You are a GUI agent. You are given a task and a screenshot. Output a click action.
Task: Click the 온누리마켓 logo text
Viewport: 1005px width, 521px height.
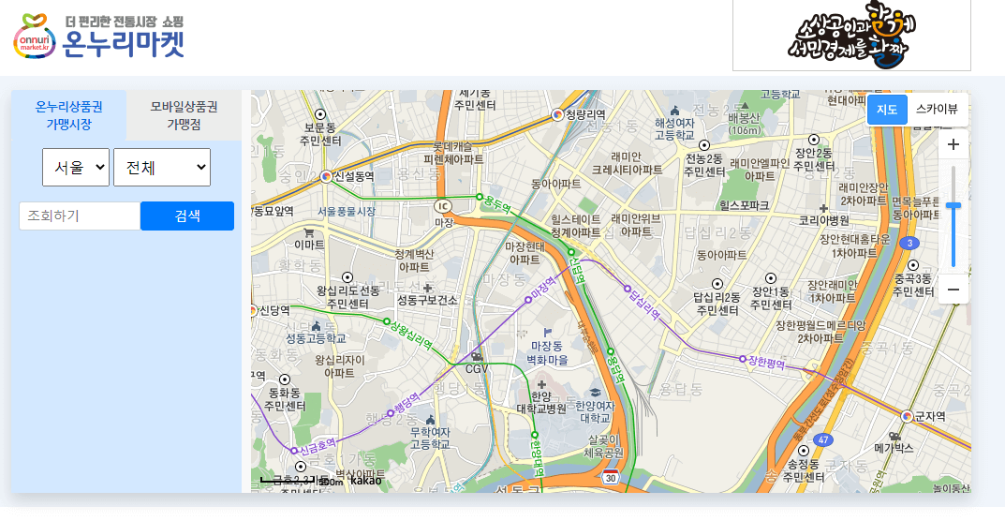pyautogui.click(x=123, y=43)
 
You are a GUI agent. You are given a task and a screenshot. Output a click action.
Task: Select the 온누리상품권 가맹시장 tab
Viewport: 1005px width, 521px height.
pyautogui.click(x=68, y=114)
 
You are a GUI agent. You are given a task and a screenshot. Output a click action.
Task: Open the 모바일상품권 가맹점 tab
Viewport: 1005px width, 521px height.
pyautogui.click(x=184, y=114)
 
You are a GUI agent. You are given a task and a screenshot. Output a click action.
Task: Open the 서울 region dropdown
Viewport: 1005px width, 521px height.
pyautogui.click(x=76, y=168)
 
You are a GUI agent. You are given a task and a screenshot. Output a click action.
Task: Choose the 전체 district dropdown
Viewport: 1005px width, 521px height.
pyautogui.click(x=162, y=168)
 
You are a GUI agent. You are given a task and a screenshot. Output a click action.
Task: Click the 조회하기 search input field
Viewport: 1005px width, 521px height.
pyautogui.click(x=80, y=216)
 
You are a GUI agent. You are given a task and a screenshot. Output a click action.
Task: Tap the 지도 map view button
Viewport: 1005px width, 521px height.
pyautogui.click(x=887, y=110)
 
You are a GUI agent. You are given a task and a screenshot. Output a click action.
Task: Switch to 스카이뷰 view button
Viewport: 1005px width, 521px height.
pyautogui.click(x=937, y=110)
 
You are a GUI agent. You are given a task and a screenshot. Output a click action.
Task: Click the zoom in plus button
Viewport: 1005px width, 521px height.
pyautogui.click(x=953, y=144)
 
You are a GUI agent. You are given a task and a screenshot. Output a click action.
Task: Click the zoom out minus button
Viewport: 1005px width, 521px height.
pyautogui.click(x=953, y=290)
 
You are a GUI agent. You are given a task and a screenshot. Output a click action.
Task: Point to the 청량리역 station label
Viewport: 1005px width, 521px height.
pyautogui.click(x=585, y=114)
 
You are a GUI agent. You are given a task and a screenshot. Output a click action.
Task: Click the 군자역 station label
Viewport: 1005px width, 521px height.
pyautogui.click(x=930, y=416)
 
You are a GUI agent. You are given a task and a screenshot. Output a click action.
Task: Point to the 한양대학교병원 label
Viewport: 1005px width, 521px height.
pyautogui.click(x=541, y=402)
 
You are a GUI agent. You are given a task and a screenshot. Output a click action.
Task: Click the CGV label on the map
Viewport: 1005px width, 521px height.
pyautogui.click(x=478, y=368)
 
